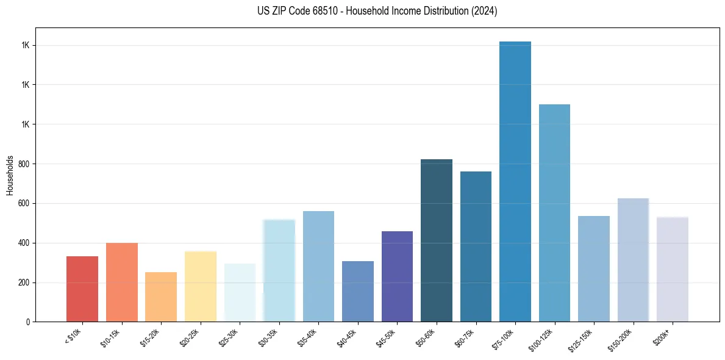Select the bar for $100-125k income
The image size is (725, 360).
(x=554, y=213)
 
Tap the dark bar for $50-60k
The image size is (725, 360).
(x=437, y=240)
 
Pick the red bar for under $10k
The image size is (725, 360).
(x=82, y=289)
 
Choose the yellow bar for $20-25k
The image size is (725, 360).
(x=201, y=287)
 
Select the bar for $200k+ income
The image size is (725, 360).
(x=673, y=269)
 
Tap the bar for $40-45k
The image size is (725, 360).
(x=358, y=292)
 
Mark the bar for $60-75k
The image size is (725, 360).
(x=476, y=247)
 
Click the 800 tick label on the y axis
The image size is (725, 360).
(x=24, y=164)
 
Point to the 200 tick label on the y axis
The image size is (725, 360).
(x=24, y=283)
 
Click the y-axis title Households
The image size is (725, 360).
(x=10, y=175)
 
